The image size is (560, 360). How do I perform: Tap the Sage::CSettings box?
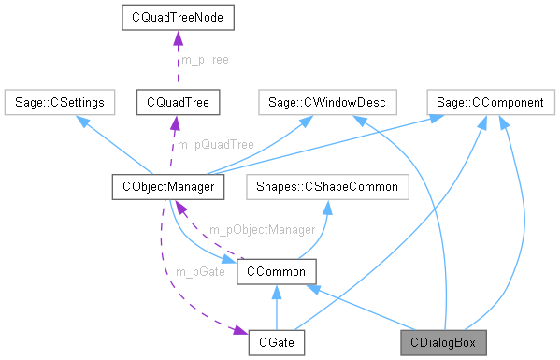59,100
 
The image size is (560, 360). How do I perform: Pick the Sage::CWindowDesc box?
327,100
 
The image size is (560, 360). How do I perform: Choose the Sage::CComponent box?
485,100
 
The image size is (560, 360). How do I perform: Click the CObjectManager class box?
167,186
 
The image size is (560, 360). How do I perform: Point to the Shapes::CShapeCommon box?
323,186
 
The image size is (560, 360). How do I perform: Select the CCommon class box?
277,271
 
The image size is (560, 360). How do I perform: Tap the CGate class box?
277,343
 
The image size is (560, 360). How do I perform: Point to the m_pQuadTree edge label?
216,144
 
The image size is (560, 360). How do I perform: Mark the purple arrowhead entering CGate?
241,334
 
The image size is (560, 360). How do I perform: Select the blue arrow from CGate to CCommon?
277,309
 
